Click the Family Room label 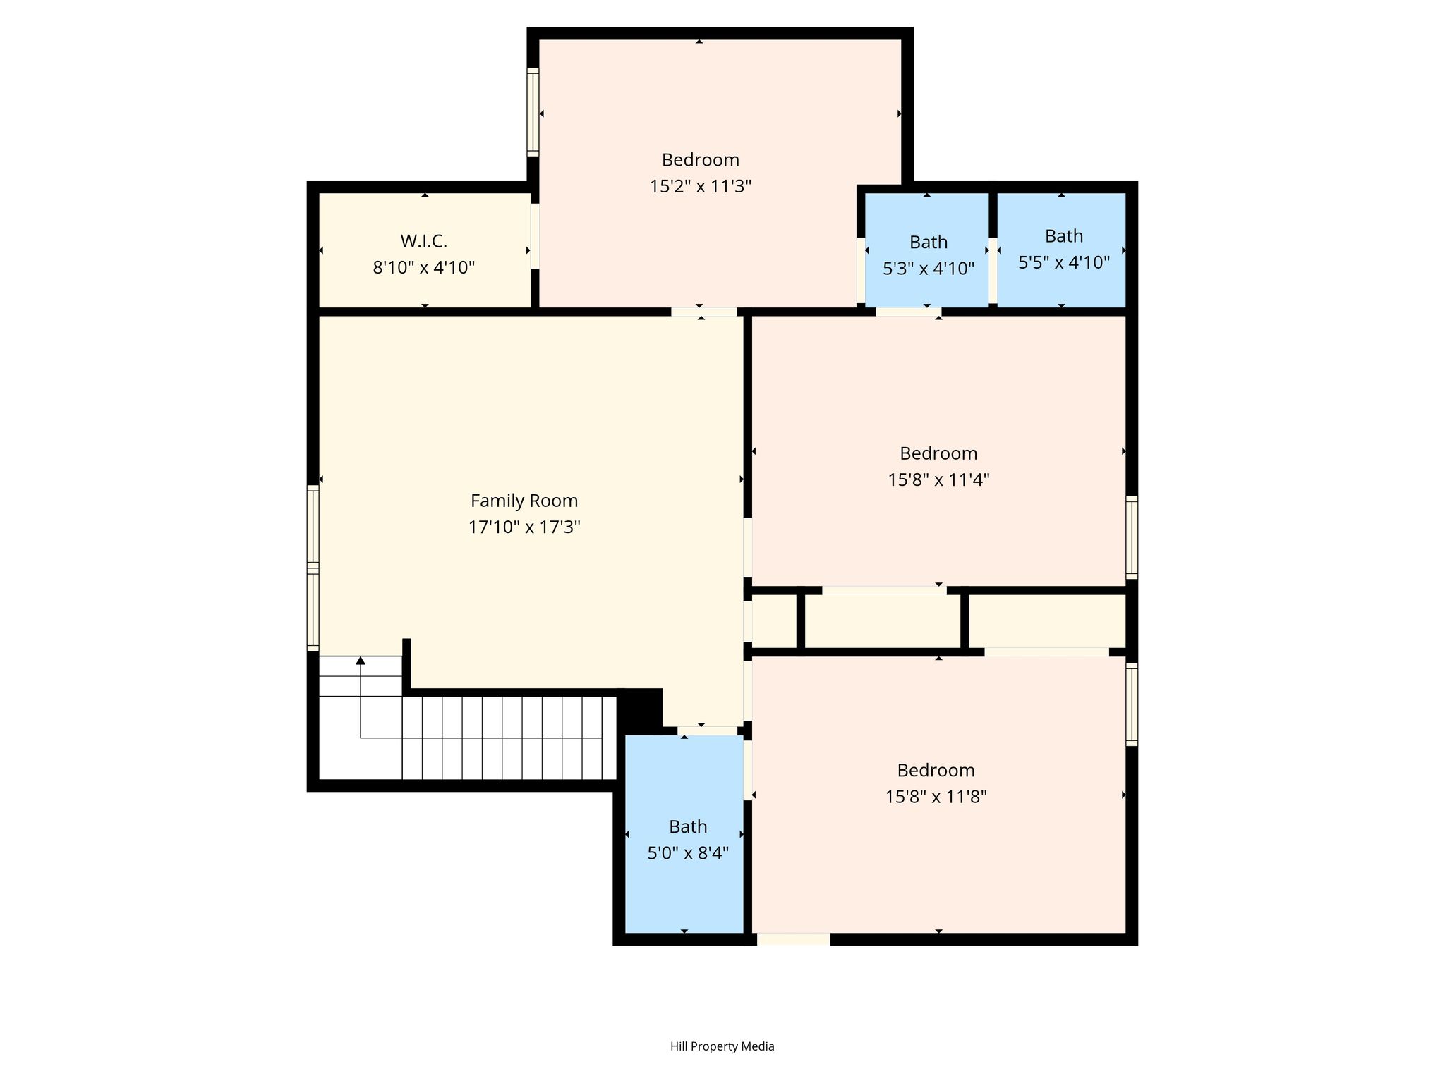click(x=524, y=501)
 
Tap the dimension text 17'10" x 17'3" click(x=524, y=527)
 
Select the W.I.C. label click(x=424, y=241)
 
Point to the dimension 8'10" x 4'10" click(x=424, y=268)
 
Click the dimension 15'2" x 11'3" click(x=701, y=187)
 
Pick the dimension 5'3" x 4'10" click(x=929, y=269)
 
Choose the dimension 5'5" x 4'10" click(x=1064, y=262)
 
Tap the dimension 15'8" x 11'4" click(x=938, y=480)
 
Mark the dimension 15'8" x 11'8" click(x=936, y=797)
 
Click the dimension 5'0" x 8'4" click(x=688, y=853)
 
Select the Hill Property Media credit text click(x=722, y=1046)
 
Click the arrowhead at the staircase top click(x=361, y=661)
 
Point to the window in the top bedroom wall click(x=533, y=113)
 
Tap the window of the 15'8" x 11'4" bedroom click(x=1132, y=537)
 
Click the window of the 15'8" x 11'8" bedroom click(x=1132, y=704)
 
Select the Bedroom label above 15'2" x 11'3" click(x=701, y=160)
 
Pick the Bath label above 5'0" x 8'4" click(x=688, y=826)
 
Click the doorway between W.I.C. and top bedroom click(x=535, y=236)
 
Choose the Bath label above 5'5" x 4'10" click(x=1064, y=235)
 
